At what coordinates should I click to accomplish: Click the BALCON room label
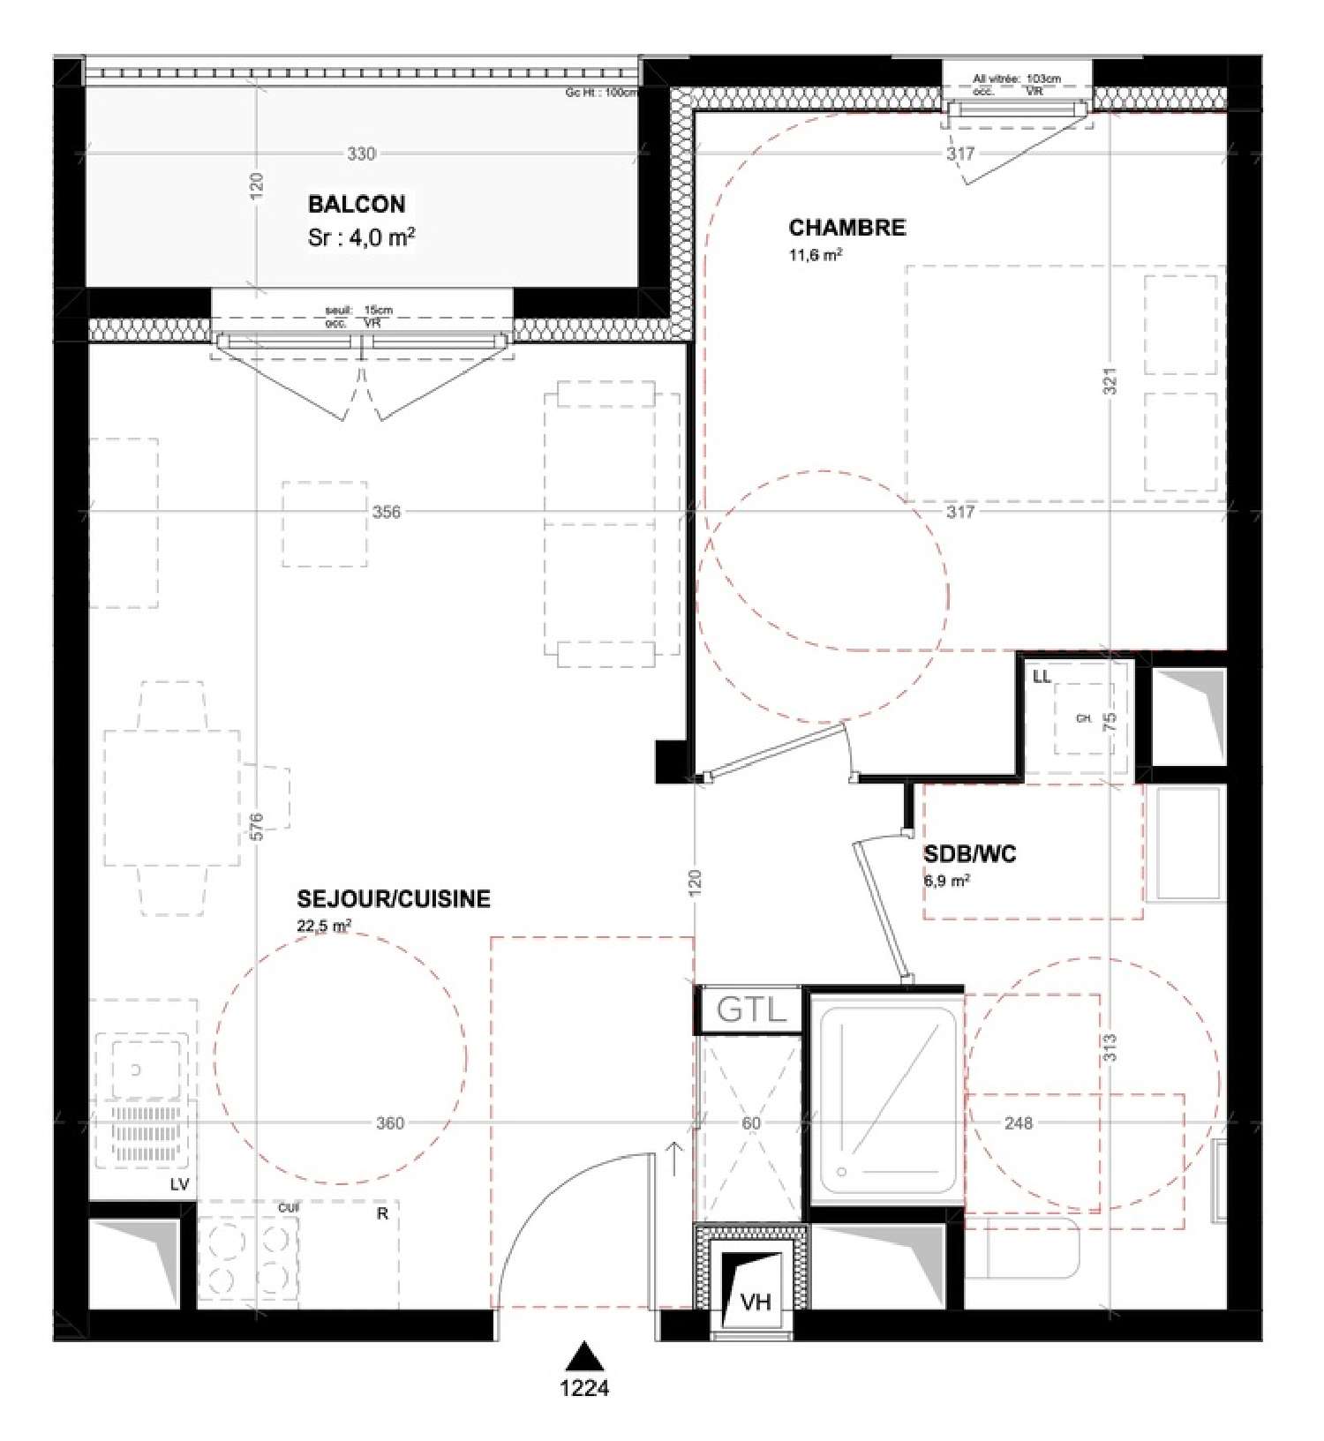pos(356,204)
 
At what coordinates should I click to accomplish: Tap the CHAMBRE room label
pos(846,227)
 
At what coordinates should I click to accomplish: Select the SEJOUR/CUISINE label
pos(394,898)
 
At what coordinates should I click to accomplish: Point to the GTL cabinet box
pos(750,1009)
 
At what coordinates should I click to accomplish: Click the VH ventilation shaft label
pos(756,1302)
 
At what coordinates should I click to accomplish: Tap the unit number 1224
pos(584,1388)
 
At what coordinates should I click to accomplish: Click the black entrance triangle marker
pos(584,1355)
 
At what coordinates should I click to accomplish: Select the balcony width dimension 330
pos(361,154)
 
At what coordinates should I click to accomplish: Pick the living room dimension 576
pos(256,826)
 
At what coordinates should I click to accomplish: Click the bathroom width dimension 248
pos(1018,1122)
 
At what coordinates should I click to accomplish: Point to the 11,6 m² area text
pos(815,255)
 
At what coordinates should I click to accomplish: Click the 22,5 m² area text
pos(325,926)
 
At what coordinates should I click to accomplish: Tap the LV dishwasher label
pos(179,1184)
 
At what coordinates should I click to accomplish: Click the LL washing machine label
pos(1042,677)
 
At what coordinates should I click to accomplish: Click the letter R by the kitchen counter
pos(382,1214)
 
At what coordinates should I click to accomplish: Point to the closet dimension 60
pos(750,1122)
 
